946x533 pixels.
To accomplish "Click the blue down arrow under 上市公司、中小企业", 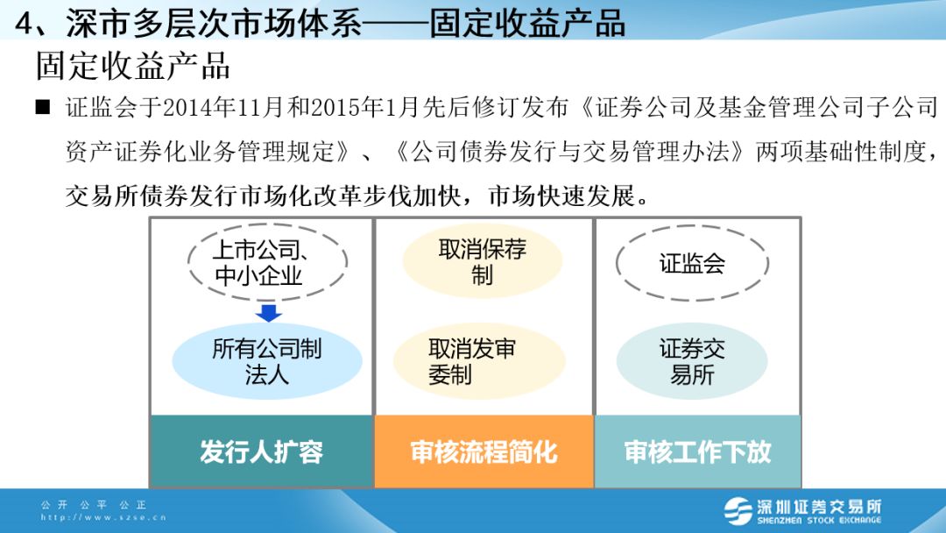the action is point(269,313).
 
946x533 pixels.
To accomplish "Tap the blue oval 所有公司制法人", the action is point(266,361).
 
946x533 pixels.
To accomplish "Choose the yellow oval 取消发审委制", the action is point(479,361).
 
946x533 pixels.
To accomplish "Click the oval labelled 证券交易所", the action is point(691,361).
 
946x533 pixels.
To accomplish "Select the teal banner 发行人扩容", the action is point(261,451).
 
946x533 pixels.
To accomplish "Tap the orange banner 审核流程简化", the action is point(484,451).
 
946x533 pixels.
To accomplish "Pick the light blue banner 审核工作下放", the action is point(697,451).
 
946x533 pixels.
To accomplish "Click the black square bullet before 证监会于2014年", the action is point(43,107).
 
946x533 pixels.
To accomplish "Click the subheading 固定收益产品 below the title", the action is point(133,65).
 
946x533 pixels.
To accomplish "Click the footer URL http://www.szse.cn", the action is point(103,517).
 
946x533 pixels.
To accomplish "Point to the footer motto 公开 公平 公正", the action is point(94,505).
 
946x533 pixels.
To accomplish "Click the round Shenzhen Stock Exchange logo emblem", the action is point(738,511).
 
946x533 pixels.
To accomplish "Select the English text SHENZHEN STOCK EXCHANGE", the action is point(819,521).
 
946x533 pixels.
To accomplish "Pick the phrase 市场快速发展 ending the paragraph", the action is point(561,196).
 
